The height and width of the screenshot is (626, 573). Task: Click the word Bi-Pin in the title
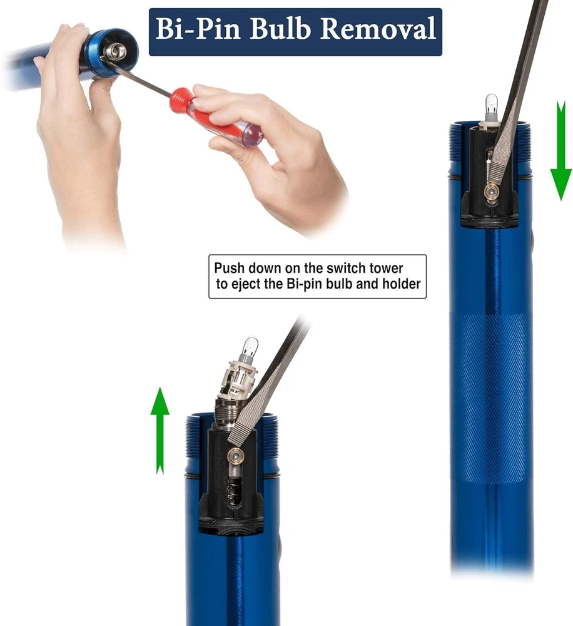tap(198, 29)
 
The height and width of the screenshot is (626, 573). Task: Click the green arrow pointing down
tap(561, 150)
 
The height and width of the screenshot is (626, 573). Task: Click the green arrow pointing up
tap(160, 431)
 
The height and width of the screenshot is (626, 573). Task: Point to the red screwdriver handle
tap(215, 116)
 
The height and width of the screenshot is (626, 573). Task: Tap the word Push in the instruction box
tap(229, 268)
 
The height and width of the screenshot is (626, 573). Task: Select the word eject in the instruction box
tap(245, 284)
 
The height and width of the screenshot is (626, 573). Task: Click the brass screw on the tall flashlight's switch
tap(491, 192)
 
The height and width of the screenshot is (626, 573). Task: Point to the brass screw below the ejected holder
tap(235, 455)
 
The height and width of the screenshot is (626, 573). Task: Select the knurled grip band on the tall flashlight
tap(491, 398)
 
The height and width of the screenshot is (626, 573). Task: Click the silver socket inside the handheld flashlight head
tap(116, 51)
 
